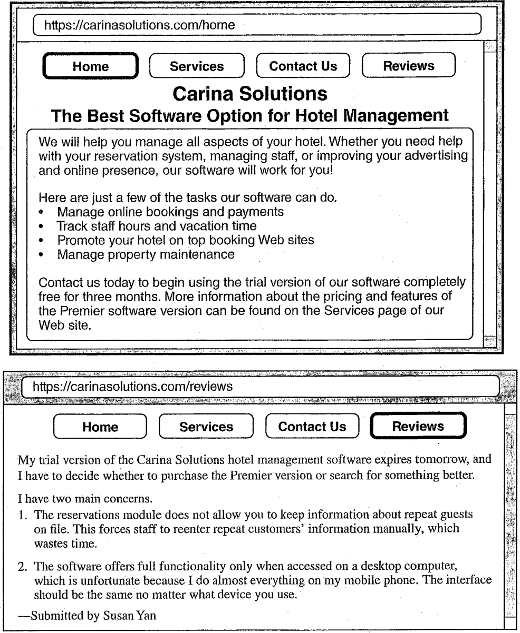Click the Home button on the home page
tap(90, 66)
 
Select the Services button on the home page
tap(197, 66)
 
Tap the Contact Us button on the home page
tap(303, 66)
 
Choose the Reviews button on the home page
tap(409, 66)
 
